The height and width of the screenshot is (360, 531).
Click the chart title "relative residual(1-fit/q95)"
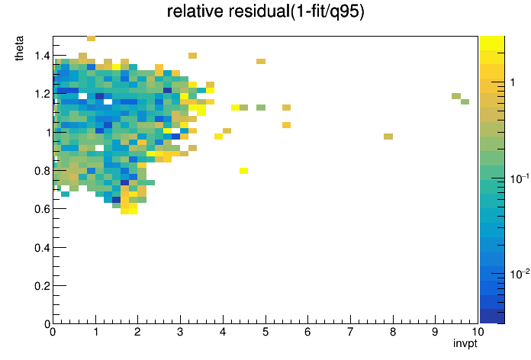[265, 11]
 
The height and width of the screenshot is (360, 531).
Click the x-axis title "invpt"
[465, 343]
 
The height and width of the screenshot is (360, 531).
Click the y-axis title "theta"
[19, 48]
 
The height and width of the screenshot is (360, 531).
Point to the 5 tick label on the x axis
[265, 332]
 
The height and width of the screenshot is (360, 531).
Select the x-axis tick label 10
[478, 332]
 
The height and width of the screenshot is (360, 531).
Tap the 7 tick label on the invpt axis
[350, 332]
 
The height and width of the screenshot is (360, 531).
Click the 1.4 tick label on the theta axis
[42, 56]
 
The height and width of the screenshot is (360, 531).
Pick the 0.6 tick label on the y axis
[42, 209]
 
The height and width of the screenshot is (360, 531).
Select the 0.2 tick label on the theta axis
[42, 286]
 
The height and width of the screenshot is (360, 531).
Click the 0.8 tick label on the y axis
[42, 171]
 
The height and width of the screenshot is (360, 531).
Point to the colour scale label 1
[513, 82]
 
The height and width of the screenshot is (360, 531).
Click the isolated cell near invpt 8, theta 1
[388, 137]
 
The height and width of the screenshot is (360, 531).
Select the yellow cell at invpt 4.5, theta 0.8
[244, 171]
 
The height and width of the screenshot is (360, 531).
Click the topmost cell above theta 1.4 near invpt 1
[91, 38]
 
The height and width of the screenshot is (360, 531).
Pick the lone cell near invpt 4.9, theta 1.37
[261, 61]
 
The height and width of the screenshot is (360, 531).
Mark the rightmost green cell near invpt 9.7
[465, 101]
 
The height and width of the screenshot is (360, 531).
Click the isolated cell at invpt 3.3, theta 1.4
[193, 56]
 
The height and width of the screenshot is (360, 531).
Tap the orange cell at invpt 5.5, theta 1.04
[287, 125]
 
